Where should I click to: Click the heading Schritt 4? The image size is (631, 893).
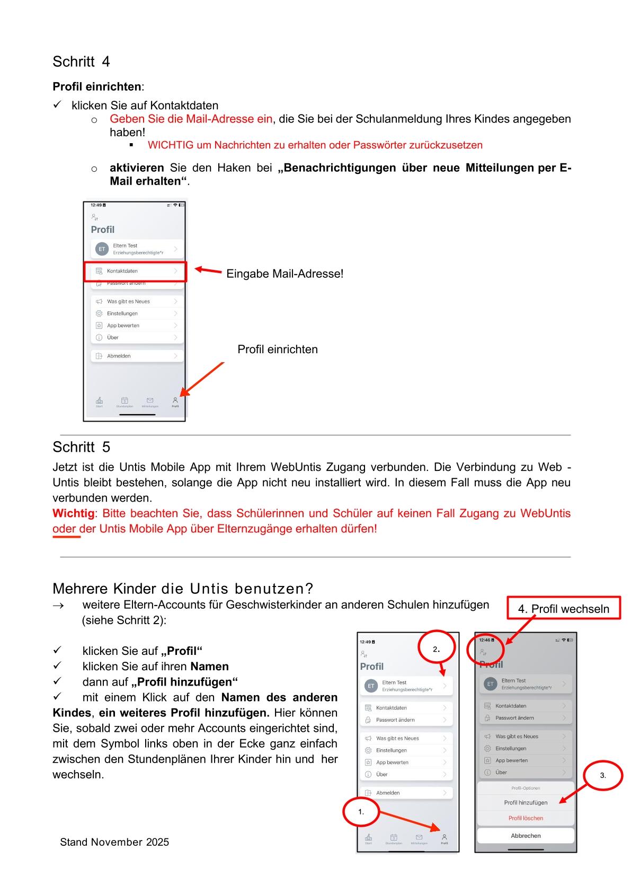pyautogui.click(x=81, y=62)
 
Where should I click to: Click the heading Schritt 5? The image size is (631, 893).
pyautogui.click(x=81, y=448)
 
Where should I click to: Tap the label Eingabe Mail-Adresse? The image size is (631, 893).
pyautogui.click(x=285, y=274)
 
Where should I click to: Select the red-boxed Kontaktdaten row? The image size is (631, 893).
pyautogui.click(x=135, y=271)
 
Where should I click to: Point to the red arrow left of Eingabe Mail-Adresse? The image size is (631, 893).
pyautogui.click(x=208, y=270)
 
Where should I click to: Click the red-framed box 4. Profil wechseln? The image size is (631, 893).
pyautogui.click(x=563, y=609)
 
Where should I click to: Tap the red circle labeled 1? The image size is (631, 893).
pyautogui.click(x=361, y=812)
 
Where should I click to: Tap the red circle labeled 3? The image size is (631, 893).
pyautogui.click(x=603, y=775)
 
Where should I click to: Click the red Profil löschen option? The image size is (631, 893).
pyautogui.click(x=526, y=818)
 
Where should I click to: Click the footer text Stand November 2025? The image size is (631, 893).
pyautogui.click(x=114, y=842)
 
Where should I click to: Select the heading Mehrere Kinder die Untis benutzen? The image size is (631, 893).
pyautogui.click(x=183, y=589)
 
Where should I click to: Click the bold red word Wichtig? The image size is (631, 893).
pyautogui.click(x=73, y=513)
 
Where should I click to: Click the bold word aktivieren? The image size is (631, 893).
pyautogui.click(x=137, y=168)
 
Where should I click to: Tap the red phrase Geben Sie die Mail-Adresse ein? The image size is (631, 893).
pyautogui.click(x=191, y=119)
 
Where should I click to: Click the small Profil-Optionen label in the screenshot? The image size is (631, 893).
pyautogui.click(x=526, y=788)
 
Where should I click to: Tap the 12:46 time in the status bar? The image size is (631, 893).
pyautogui.click(x=485, y=640)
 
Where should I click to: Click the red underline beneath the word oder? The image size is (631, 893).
pyautogui.click(x=66, y=537)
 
